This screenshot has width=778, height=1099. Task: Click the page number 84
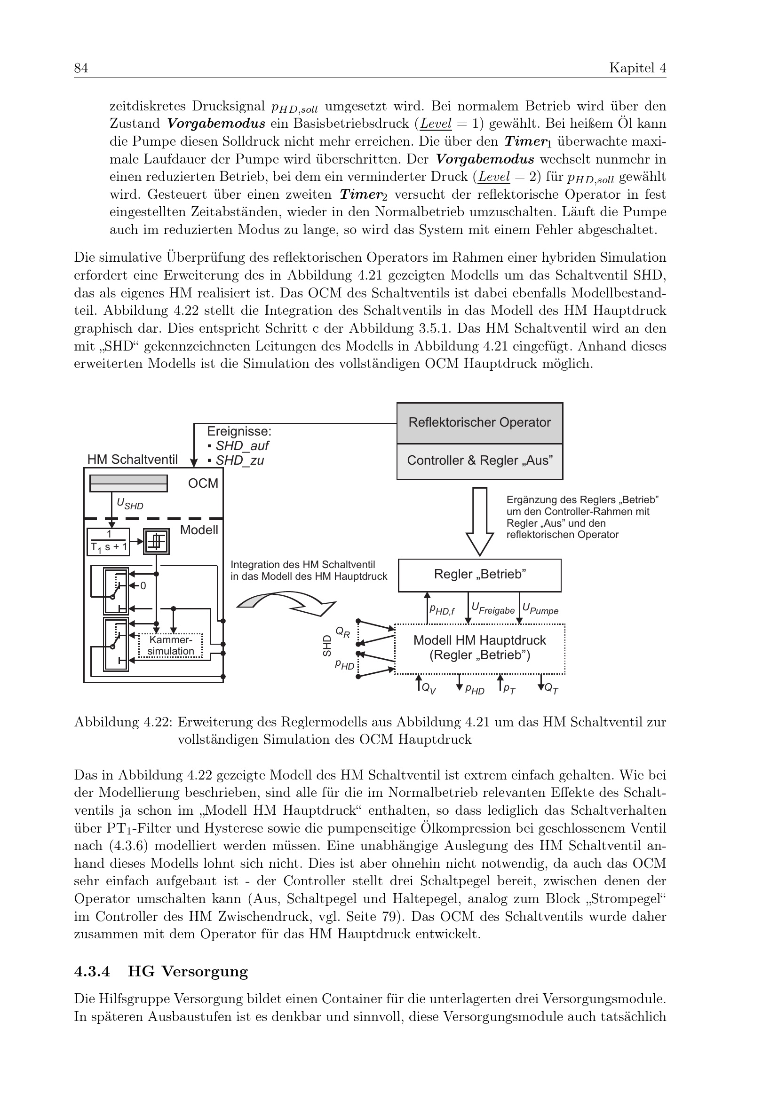tap(81, 69)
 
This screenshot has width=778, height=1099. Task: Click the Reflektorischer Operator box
tap(479, 423)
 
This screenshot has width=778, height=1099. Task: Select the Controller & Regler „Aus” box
tap(479, 461)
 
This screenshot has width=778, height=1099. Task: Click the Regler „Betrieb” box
tap(479, 575)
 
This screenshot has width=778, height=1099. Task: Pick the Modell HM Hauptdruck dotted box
tap(479, 648)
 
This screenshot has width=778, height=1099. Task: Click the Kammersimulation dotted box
tap(171, 646)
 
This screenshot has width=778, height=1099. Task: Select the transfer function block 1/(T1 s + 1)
tap(109, 542)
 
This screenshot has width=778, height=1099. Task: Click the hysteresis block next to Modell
tap(156, 541)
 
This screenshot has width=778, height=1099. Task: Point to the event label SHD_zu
tap(239, 461)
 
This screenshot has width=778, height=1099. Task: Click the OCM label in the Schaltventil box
tap(203, 483)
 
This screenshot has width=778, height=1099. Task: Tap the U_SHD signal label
tap(130, 504)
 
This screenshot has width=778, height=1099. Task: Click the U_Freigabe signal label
tap(492, 609)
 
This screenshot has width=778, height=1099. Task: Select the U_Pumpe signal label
tap(540, 609)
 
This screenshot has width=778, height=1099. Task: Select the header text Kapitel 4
tap(637, 69)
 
